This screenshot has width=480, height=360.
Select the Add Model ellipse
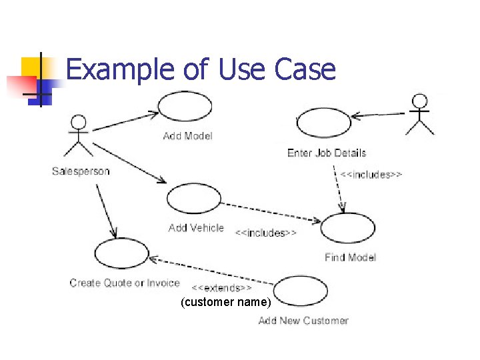pyautogui.click(x=184, y=107)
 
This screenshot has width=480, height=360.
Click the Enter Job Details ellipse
pyautogui.click(x=323, y=123)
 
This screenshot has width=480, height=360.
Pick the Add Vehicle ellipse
pyautogui.click(x=193, y=198)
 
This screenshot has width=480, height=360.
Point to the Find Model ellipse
pyautogui.click(x=348, y=228)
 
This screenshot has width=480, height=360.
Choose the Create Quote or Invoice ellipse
pyautogui.click(x=122, y=253)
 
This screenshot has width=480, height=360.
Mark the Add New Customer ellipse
pyautogui.click(x=301, y=291)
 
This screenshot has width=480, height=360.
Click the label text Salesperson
pyautogui.click(x=81, y=171)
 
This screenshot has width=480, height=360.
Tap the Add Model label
pyautogui.click(x=188, y=136)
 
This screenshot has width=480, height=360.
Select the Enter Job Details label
pyautogui.click(x=327, y=153)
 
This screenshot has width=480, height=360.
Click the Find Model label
pyautogui.click(x=351, y=257)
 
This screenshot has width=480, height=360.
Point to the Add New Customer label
pyautogui.click(x=303, y=321)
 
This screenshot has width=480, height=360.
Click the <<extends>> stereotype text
pyautogui.click(x=222, y=288)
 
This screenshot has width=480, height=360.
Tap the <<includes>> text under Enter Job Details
pyautogui.click(x=371, y=175)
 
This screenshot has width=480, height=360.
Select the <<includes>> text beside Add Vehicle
pyautogui.click(x=265, y=233)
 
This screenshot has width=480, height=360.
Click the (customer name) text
pyautogui.click(x=226, y=303)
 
